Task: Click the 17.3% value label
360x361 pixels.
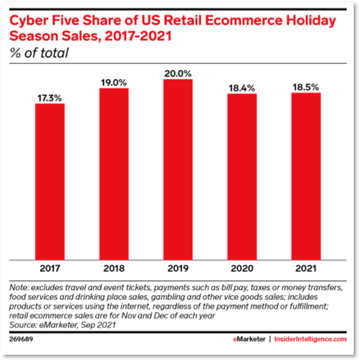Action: tap(50, 98)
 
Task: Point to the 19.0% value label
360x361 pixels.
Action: tap(114, 83)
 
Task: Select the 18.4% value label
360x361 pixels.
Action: tap(242, 88)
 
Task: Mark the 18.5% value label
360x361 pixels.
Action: tap(306, 87)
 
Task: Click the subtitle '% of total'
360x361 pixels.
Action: tap(39, 52)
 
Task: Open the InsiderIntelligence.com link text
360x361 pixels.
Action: tap(310, 339)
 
